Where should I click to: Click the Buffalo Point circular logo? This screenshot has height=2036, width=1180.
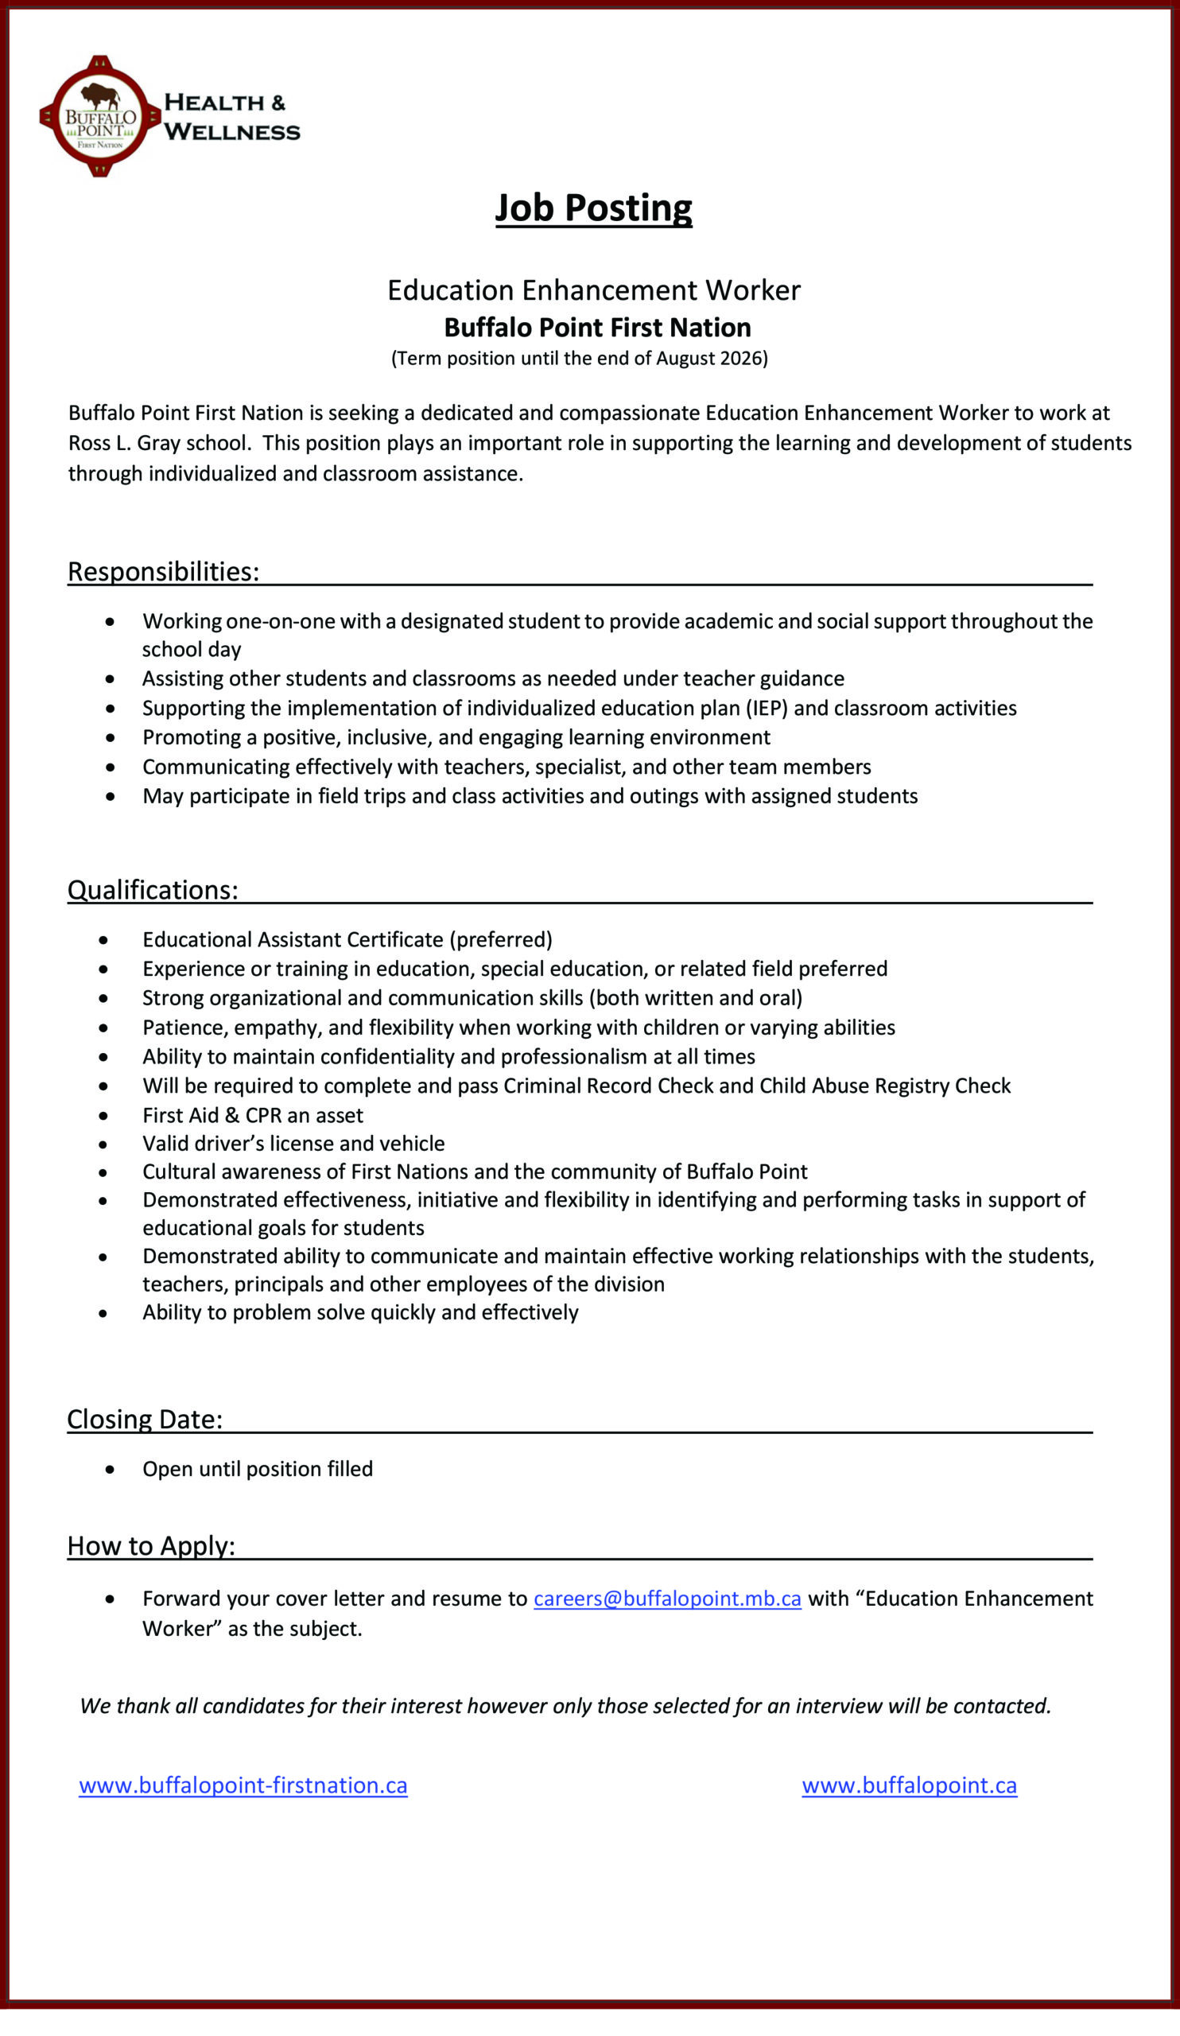pos(99,116)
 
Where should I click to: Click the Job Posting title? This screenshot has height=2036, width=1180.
pos(593,208)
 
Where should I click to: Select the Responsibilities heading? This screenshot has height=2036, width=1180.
pos(163,571)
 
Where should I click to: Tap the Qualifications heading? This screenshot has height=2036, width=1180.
pos(153,889)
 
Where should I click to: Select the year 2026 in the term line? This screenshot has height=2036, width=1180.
pos(740,358)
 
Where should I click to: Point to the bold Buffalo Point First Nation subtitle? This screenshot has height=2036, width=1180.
pos(597,327)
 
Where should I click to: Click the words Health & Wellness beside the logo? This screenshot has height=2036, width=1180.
pos(231,117)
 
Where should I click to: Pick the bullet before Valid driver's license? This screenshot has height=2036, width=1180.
pos(103,1144)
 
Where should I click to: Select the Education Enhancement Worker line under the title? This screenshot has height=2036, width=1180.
pos(594,290)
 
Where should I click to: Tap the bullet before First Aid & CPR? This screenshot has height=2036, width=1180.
pos(103,1116)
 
